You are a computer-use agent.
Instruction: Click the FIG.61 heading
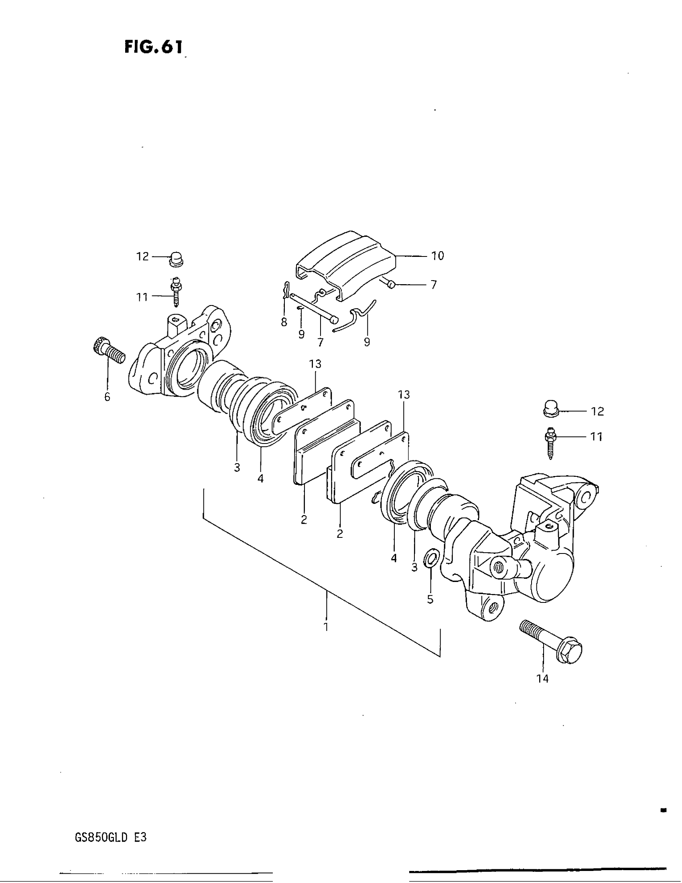click(x=154, y=47)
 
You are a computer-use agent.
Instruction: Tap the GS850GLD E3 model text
click(x=110, y=838)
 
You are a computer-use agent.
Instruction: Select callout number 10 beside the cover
click(x=438, y=256)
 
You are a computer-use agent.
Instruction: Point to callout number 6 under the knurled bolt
click(x=107, y=397)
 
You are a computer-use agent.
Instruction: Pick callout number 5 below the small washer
click(x=430, y=599)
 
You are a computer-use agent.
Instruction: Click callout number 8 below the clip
click(x=284, y=322)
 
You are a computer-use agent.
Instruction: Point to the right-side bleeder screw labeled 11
click(x=551, y=442)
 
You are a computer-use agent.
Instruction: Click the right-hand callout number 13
click(x=404, y=395)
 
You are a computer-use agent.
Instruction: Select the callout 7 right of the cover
click(x=434, y=285)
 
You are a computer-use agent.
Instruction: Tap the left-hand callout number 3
click(x=237, y=468)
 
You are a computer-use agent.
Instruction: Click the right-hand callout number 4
click(x=394, y=558)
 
